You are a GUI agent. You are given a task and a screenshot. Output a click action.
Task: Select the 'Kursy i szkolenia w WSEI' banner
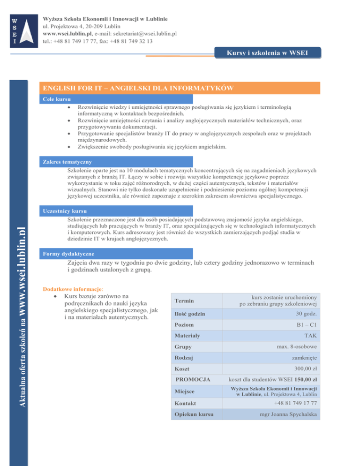[x=268, y=53]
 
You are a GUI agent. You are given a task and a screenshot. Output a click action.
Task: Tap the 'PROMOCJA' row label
[x=192, y=379]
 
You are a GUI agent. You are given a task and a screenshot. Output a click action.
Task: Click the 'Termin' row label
[x=183, y=301]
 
